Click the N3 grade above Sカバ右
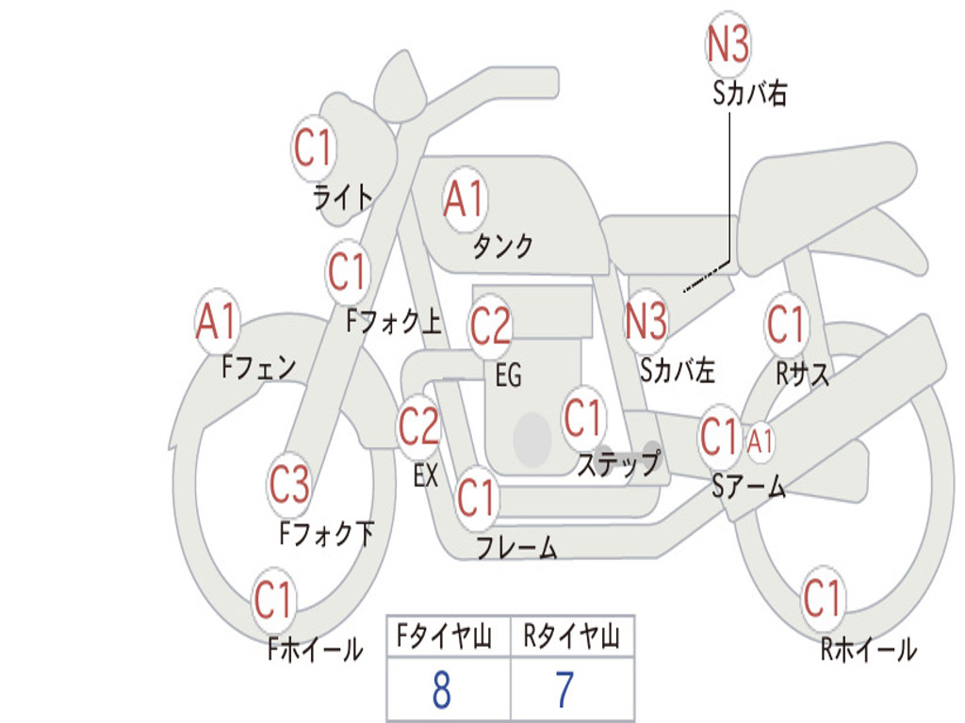point(728,43)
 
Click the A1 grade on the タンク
point(464,200)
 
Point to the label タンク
point(502,247)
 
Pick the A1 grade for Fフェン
point(217,321)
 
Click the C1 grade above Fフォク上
point(348,273)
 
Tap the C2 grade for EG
point(490,327)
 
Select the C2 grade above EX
point(418,427)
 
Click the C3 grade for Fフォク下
point(288,485)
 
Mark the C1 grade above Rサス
point(785,325)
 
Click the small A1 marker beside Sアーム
point(760,441)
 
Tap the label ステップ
point(618,464)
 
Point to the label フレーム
point(516,547)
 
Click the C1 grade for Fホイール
point(273,600)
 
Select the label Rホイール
point(868,650)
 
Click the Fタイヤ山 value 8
point(441,690)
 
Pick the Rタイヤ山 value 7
point(564,690)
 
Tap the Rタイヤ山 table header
point(571,638)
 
